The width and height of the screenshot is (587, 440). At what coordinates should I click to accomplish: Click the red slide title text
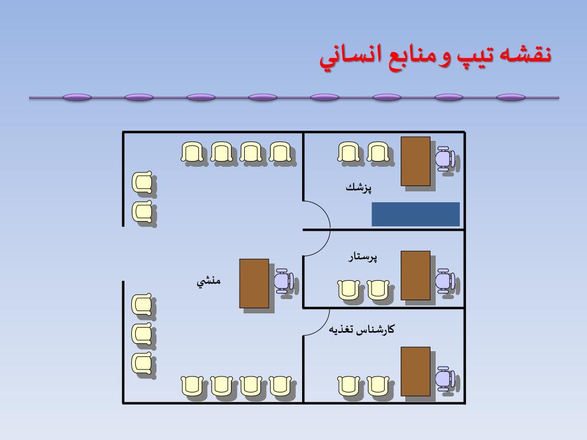coord(436,57)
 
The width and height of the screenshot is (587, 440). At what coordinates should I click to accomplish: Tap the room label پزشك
coord(359,187)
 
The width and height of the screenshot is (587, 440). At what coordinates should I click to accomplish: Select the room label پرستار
coord(363,257)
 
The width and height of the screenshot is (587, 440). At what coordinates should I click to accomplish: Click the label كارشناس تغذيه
coord(362,329)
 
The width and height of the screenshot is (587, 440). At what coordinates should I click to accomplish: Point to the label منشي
coord(209,281)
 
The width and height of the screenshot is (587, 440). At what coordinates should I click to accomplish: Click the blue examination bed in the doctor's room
coord(416,214)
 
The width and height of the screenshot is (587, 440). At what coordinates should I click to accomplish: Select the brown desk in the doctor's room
coord(415,161)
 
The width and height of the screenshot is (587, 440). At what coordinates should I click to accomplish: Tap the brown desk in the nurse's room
coord(415,276)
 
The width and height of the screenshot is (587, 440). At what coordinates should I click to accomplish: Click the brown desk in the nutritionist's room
coord(415,371)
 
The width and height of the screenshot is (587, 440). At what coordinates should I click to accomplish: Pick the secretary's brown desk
coord(254,283)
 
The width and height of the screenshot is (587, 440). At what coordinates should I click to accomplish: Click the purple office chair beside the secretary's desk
coord(283,281)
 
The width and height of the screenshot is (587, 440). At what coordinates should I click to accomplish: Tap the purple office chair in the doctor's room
coord(445,159)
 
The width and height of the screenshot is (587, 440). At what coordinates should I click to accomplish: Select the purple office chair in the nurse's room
coord(445,281)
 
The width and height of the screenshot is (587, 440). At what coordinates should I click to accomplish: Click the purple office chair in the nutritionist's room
coord(445,378)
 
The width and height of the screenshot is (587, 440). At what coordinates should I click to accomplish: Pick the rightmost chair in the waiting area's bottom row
coord(280,386)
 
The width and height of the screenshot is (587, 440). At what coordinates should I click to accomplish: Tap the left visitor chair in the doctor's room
coord(348,152)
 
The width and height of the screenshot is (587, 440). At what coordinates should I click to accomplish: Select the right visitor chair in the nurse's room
coord(378,289)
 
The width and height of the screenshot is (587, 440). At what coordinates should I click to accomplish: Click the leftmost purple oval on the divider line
coord(77,97)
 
